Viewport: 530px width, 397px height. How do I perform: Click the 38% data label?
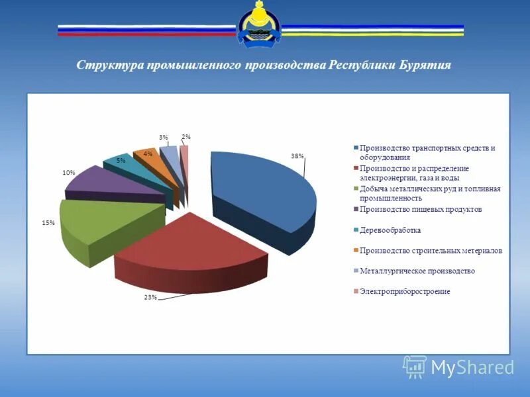[297, 156]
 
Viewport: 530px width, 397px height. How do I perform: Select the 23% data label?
[150, 297]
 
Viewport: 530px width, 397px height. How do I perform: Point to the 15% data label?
[48, 223]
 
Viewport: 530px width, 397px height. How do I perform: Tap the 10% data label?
[68, 172]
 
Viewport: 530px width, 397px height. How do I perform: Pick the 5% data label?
[121, 160]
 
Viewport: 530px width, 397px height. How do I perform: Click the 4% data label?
[148, 154]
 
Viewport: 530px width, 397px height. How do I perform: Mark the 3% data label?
[163, 138]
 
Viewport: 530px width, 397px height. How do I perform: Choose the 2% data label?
[186, 137]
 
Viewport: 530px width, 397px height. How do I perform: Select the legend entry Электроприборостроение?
[404, 291]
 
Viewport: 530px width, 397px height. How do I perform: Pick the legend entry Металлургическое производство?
[417, 271]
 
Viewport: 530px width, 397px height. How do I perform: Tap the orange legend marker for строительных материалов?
[356, 251]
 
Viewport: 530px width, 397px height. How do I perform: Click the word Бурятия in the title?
[425, 66]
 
